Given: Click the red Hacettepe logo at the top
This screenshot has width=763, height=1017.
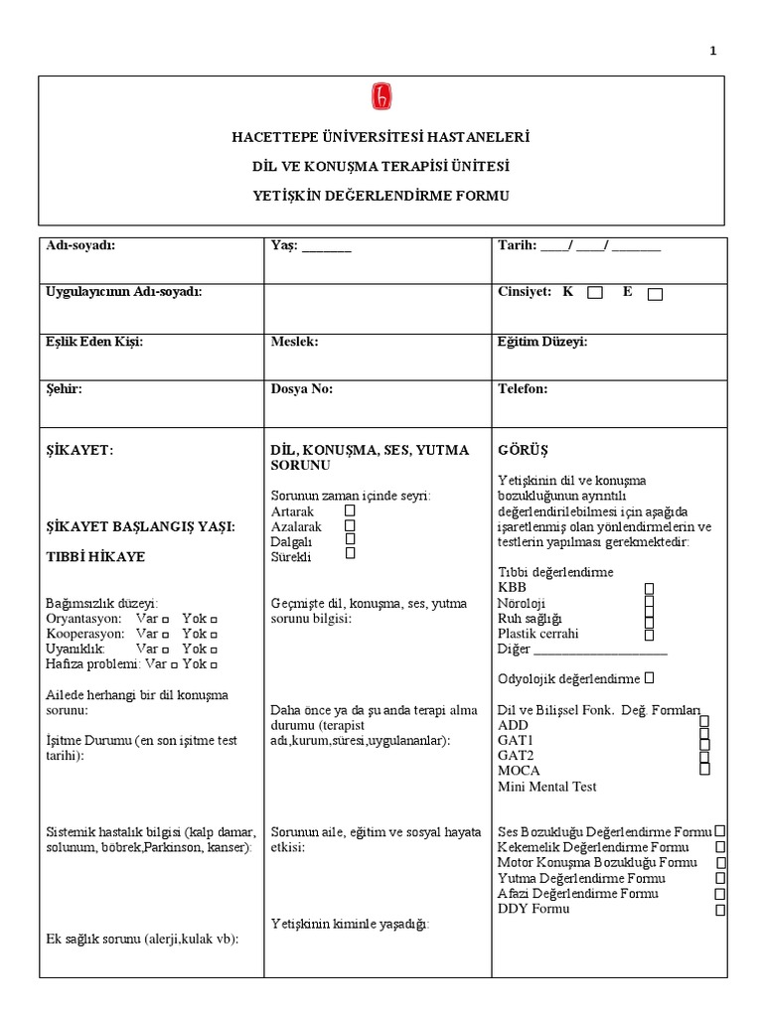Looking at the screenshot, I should click(381, 96).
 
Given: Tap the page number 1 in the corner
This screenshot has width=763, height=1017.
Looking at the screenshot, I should click(712, 52).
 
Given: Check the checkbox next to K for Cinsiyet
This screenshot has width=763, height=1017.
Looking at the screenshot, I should click(594, 293).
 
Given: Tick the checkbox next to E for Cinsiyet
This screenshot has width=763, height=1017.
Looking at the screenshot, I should click(655, 294).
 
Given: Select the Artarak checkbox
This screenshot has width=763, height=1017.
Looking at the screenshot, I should click(350, 509).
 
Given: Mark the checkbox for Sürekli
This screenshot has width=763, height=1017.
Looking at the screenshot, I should click(350, 554).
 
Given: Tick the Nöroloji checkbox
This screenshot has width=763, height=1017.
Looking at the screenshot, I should click(649, 602).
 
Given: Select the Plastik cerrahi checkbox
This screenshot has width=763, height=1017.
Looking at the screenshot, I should click(649, 634).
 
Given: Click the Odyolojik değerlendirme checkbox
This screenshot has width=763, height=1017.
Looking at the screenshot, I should click(649, 677).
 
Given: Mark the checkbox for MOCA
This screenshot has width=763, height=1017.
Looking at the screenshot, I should click(704, 768).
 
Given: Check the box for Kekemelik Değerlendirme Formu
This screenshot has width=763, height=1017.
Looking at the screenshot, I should click(720, 846).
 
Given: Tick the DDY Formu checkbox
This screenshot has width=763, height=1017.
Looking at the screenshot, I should click(720, 909).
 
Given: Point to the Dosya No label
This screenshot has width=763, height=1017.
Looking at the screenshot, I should click(302, 389).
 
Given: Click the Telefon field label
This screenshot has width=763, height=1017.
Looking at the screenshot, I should click(523, 389).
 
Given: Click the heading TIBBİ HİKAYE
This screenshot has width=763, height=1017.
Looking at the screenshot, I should click(95, 557).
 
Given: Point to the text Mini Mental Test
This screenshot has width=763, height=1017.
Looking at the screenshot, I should click(547, 787).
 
